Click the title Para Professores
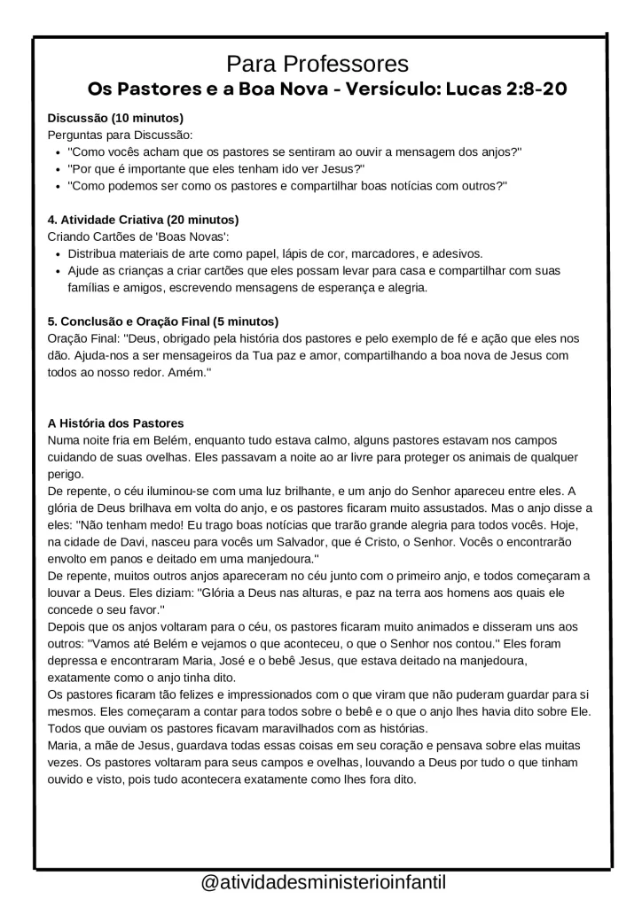[317, 64]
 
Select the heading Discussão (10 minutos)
[115, 118]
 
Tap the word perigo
[65, 475]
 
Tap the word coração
[383, 747]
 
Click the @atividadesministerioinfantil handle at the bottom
[323, 883]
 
